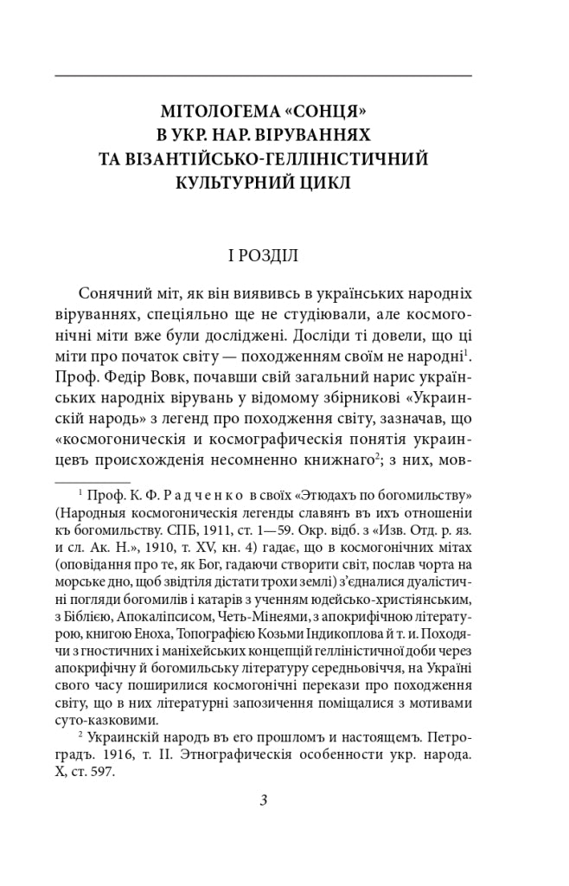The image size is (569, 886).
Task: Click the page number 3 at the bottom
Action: (x=263, y=800)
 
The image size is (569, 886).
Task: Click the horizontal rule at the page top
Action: (x=263, y=76)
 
